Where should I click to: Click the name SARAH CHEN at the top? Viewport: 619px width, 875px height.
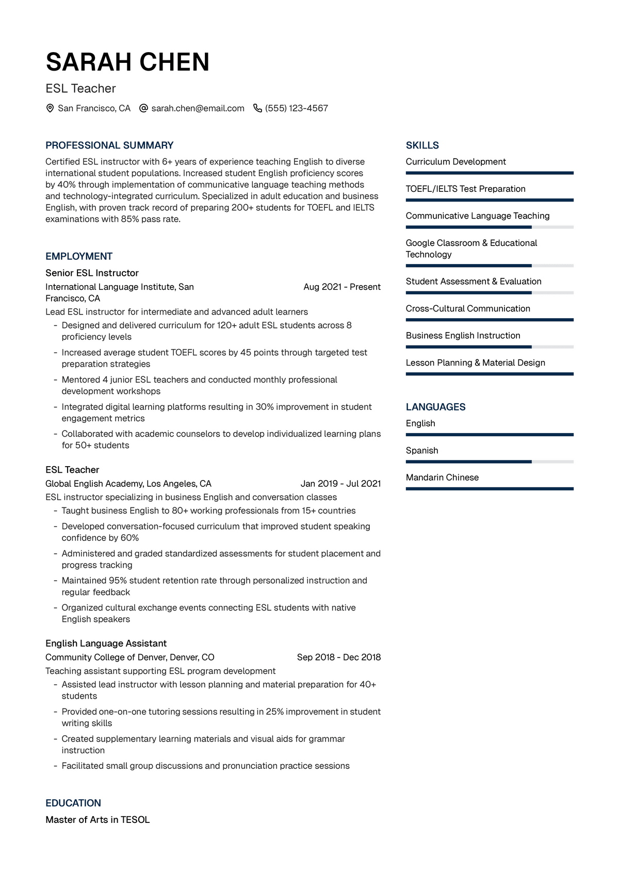click(127, 62)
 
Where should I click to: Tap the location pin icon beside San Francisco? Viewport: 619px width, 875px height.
click(50, 108)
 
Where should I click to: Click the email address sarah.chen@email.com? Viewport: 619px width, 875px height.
click(198, 108)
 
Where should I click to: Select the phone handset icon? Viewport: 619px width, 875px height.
click(257, 108)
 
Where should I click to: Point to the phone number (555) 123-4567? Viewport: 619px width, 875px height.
click(297, 108)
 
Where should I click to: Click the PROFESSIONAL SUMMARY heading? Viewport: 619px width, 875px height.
click(109, 145)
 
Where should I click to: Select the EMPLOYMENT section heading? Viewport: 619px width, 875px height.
click(79, 256)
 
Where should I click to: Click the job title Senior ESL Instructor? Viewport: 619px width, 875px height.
click(92, 273)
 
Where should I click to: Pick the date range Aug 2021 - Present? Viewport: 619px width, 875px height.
click(342, 287)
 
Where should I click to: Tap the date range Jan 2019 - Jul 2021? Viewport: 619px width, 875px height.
click(340, 484)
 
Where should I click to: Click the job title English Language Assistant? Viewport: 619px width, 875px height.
click(106, 643)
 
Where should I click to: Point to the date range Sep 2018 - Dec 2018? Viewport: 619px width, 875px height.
click(339, 657)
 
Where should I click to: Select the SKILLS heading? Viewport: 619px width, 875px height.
click(422, 145)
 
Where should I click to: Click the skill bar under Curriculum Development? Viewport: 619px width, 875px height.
click(490, 173)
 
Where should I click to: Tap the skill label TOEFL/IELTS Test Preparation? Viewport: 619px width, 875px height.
click(465, 189)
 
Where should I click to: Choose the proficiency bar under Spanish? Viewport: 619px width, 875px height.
click(490, 462)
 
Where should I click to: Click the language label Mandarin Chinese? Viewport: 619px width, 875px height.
click(442, 477)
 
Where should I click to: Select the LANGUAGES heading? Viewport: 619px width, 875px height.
click(435, 407)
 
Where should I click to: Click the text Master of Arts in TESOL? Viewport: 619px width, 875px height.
click(97, 820)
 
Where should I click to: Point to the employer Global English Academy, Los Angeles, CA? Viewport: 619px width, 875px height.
click(128, 484)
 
